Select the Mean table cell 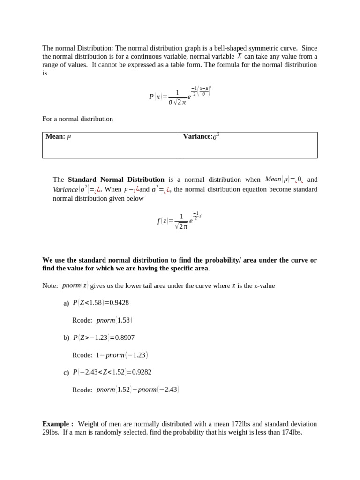111,145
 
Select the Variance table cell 248,145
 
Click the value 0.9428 119,303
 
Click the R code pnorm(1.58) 114,320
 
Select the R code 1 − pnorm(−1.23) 121,355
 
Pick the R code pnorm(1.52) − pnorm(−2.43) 137,390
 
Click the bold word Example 56,424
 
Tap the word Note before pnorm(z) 50,285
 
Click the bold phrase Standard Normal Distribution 116,180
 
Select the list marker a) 66,303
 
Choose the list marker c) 66,373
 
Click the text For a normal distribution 78,119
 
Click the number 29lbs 51,432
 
